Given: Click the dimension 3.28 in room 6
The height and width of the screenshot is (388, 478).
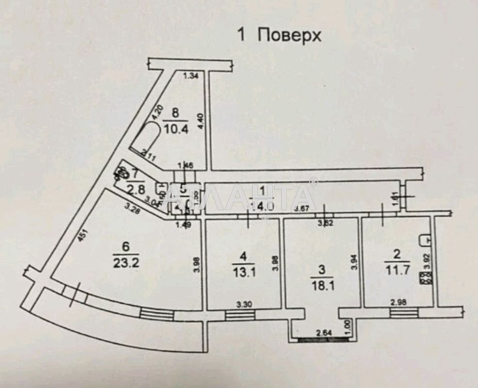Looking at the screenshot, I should (132, 209).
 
